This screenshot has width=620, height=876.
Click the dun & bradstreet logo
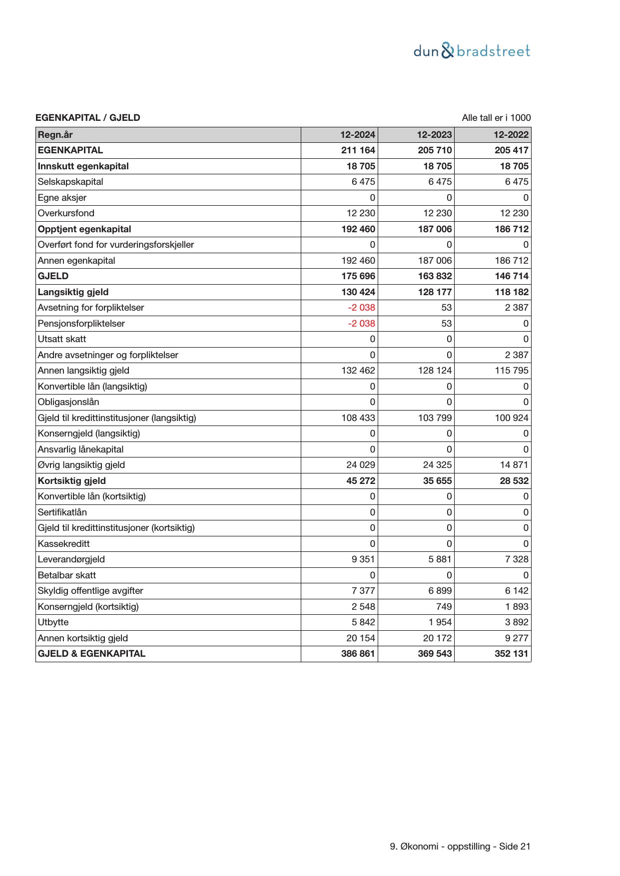pos(472,51)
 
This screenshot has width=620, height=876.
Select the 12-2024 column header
pos(358,135)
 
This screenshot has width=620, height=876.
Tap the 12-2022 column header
pos(511,135)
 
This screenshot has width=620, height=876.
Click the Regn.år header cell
pos(55,135)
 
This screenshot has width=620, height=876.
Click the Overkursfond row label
pos(66,213)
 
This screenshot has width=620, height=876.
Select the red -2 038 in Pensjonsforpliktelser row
pos(361,324)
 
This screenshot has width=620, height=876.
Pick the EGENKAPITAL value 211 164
pos(358,150)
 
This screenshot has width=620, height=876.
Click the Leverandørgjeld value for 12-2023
pos(440,559)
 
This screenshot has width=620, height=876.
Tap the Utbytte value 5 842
pos(363,622)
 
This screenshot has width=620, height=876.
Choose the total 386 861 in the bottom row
pos(358,654)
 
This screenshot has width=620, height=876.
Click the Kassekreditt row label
pos(64,544)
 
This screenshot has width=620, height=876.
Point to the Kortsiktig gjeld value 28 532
pos(511,481)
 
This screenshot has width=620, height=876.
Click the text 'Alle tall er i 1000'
pos(496,118)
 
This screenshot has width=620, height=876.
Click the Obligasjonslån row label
pos(68,402)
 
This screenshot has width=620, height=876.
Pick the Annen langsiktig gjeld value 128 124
pos(435,371)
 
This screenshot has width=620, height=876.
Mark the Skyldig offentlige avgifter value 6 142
pos(517,591)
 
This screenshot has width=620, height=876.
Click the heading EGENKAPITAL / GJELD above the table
pos(88,118)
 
